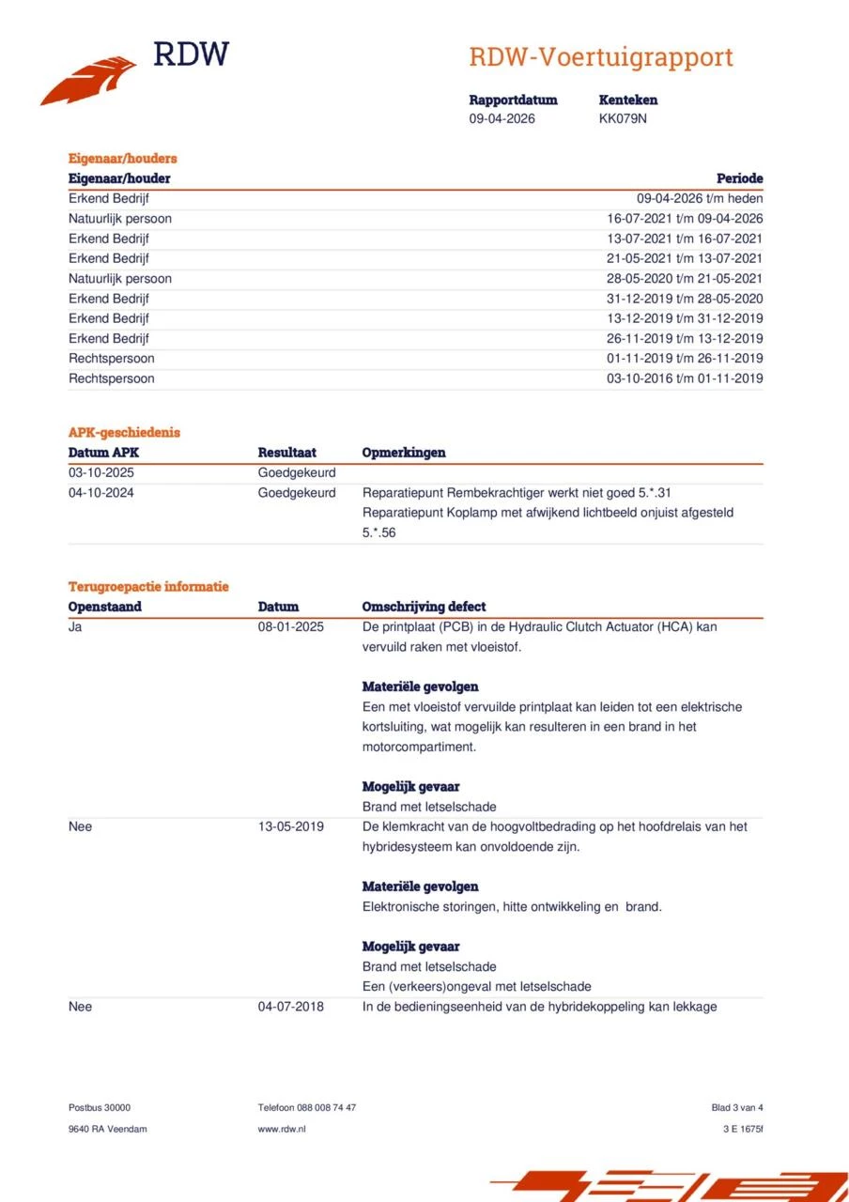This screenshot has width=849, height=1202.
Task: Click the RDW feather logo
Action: (x=89, y=80)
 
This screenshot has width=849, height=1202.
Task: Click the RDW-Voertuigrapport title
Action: (x=600, y=57)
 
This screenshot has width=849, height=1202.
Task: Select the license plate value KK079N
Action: (x=623, y=118)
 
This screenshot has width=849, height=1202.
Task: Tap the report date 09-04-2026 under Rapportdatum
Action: (x=502, y=118)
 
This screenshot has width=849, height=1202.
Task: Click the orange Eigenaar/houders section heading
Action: (x=123, y=158)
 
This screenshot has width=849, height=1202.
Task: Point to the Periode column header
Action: (x=739, y=178)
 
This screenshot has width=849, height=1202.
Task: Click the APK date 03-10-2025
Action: (x=101, y=472)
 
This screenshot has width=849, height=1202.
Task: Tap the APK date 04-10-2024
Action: (x=101, y=492)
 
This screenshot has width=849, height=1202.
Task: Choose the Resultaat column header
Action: (x=287, y=453)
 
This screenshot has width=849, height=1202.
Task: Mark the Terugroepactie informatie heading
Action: (x=148, y=586)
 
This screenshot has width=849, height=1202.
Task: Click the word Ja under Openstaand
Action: (x=75, y=626)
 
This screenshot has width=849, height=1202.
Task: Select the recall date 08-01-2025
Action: (x=291, y=626)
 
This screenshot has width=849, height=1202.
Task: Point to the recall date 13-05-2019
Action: (x=291, y=826)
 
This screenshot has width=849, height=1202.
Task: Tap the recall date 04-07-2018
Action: (x=291, y=1007)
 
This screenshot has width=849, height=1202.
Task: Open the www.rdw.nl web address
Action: (x=282, y=1129)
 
